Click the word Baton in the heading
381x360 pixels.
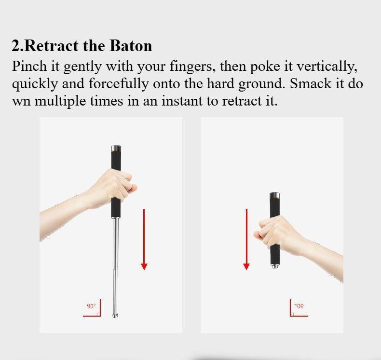pyautogui.click(x=131, y=46)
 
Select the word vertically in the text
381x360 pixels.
pyautogui.click(x=327, y=66)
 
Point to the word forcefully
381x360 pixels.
pyautogui.click(x=118, y=83)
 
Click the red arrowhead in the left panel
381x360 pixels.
pyautogui.click(x=144, y=267)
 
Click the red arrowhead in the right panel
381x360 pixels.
pyautogui.click(x=246, y=267)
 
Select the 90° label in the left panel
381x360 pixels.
pyautogui.click(x=91, y=306)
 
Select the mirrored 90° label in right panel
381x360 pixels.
pyautogui.click(x=299, y=306)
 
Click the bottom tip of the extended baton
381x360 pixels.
pyautogui.click(x=115, y=315)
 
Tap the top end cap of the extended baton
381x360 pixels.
pyautogui.click(x=116, y=148)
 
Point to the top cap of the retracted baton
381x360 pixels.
pyautogui.click(x=274, y=195)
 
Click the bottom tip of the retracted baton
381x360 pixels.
pyautogui.click(x=274, y=266)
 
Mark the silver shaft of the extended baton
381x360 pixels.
pyautogui.click(x=115, y=255)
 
